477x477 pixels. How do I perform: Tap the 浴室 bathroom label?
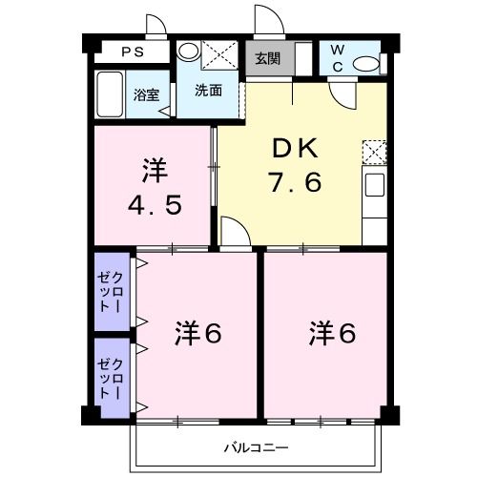coord(146,94)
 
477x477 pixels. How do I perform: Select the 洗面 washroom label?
coord(209,91)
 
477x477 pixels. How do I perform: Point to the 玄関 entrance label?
coord(267,58)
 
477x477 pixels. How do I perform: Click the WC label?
coord(337,57)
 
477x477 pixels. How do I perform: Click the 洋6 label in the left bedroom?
coord(198,334)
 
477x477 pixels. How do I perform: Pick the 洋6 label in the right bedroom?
coord(332,334)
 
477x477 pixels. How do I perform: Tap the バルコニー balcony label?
coord(257,446)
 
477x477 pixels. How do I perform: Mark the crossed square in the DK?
coord(375,152)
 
